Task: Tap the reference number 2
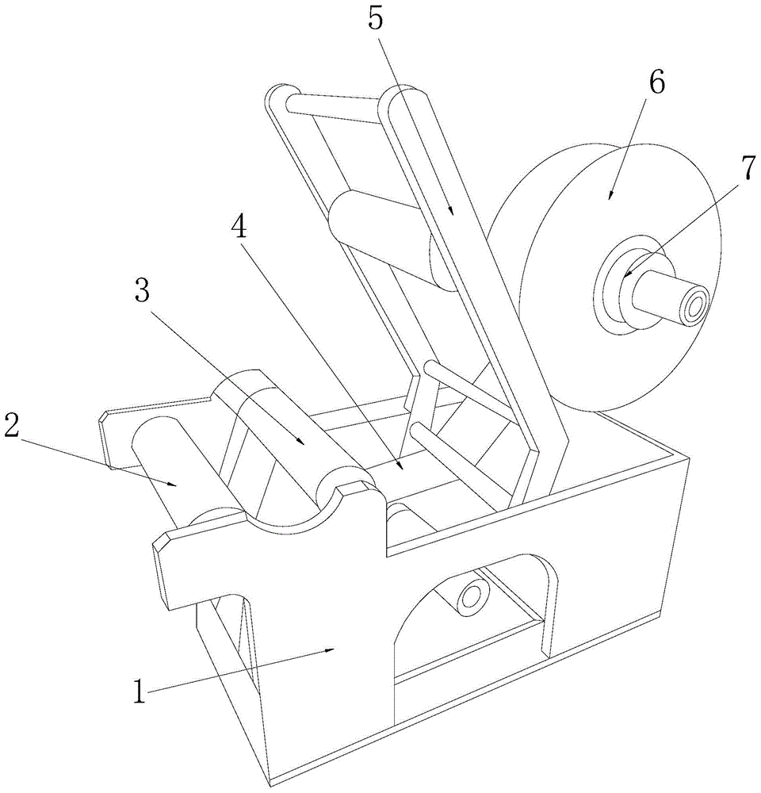point(11,424)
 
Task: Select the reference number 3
point(142,291)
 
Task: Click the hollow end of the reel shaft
point(697,305)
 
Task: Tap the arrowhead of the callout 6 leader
point(610,195)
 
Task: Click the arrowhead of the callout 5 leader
point(453,213)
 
